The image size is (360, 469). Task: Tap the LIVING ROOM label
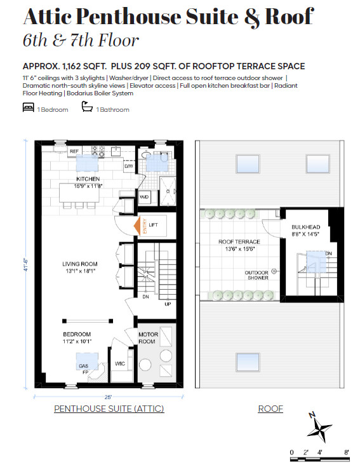click(79, 264)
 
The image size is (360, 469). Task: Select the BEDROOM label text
click(76, 334)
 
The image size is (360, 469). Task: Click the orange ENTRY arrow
click(138, 226)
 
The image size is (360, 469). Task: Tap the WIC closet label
click(121, 364)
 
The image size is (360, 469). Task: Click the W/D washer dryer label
click(144, 197)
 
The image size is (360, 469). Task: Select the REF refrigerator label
click(74, 151)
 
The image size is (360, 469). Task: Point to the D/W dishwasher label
click(128, 166)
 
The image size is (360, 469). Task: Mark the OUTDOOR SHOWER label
click(257, 275)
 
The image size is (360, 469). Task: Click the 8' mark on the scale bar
click(347, 452)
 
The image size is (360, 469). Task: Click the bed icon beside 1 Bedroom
click(28, 109)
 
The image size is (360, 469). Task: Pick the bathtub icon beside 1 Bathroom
click(87, 109)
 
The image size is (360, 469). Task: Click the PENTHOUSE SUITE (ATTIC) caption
click(109, 409)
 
